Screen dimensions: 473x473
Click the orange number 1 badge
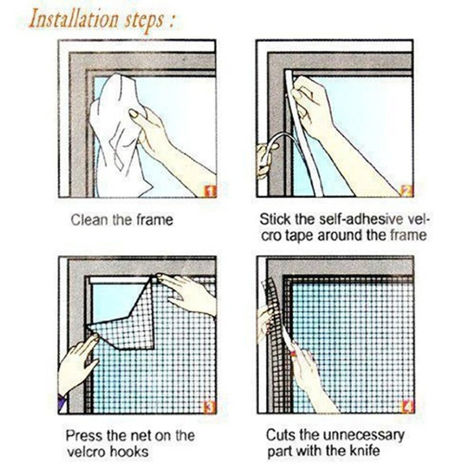tap(210, 191)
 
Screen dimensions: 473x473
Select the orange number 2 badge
tap(406, 191)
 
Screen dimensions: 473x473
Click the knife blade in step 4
tap(291, 347)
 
